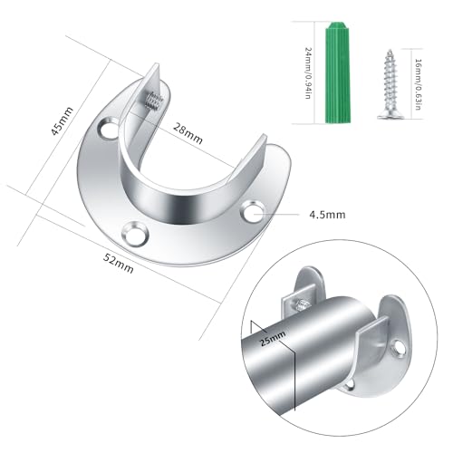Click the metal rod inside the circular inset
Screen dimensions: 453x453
(x=299, y=362)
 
